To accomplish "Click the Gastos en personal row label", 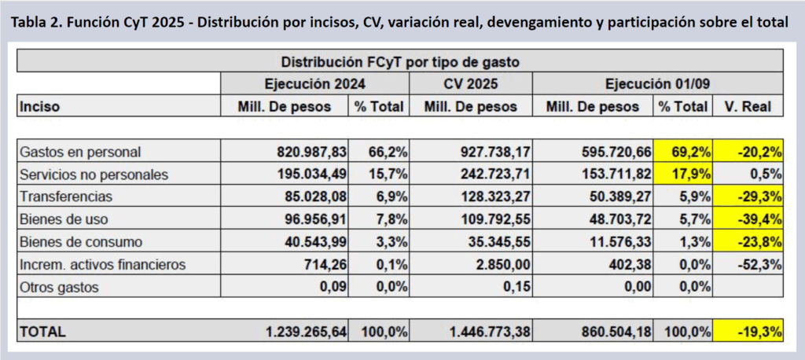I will coord(68,152).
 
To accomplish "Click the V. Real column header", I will coord(748,106).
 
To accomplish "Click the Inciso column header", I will coord(40,106).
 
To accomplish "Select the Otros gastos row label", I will coord(60,288).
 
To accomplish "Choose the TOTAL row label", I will coord(42,332).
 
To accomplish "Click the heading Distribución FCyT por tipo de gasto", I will coord(399,61).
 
